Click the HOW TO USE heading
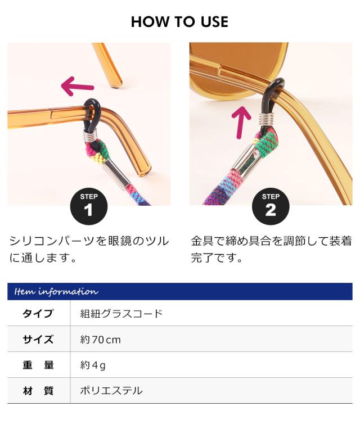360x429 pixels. point(179,22)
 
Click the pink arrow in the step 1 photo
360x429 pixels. point(77,87)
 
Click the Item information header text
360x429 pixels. point(56,291)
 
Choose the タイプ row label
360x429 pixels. point(38,313)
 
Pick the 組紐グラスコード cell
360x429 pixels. point(121,313)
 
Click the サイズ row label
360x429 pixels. point(38,339)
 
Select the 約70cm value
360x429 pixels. point(101,340)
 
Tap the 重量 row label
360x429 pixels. point(38,365)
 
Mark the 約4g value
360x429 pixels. point(93,365)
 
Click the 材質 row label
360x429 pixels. point(38,391)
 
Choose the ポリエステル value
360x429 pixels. point(111,391)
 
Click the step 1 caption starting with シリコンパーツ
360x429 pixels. point(88,250)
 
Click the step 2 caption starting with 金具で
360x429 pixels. point(271,250)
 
